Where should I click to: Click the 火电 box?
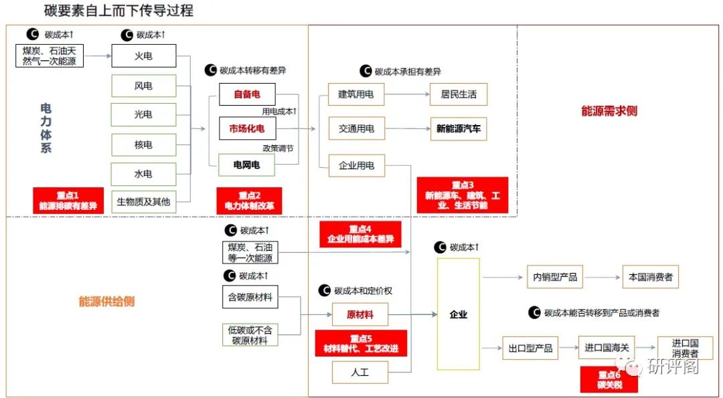coord(143,56)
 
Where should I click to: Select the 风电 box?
coord(143,86)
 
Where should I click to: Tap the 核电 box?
coord(143,144)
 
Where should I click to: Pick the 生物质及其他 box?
coord(143,201)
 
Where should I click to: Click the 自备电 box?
coord(246,94)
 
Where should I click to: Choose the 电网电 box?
coord(246,164)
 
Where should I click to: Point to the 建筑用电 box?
coord(356,94)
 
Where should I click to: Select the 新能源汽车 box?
coord(459,129)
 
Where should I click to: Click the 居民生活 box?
coord(459,94)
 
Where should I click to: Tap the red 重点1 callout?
coord(68,201)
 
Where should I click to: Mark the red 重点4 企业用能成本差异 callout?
coord(360,234)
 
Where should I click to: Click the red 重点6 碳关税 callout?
coord(609,380)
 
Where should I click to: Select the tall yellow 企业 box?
coord(459,314)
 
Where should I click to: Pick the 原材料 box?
coord(360,314)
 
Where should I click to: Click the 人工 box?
coord(360,372)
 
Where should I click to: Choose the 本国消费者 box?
coord(650,276)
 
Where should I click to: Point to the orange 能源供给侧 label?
coord(106,301)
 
